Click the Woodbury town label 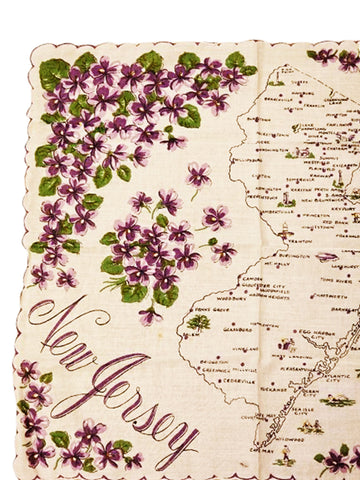coord(233,297)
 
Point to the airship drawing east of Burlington coord(326,257)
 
